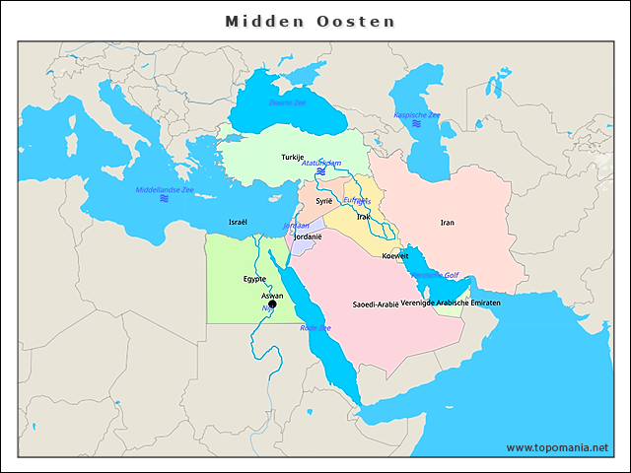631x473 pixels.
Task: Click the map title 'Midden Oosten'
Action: click(311, 21)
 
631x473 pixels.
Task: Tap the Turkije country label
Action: click(293, 157)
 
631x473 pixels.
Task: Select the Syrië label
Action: click(324, 200)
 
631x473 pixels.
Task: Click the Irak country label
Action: click(363, 216)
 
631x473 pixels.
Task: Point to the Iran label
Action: click(448, 223)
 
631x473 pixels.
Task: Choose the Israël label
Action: click(238, 222)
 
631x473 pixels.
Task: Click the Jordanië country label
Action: click(309, 237)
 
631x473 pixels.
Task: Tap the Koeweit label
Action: click(395, 256)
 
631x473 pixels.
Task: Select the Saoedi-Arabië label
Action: click(376, 304)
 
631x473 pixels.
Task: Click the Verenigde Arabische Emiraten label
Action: click(451, 303)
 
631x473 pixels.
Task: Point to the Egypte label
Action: click(255, 280)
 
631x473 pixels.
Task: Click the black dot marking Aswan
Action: click(273, 304)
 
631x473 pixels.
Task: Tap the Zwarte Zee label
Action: click(288, 102)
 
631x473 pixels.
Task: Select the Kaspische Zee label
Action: click(417, 115)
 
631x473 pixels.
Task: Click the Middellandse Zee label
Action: click(165, 188)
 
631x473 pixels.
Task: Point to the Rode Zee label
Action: click(315, 328)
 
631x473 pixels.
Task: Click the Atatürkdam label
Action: click(321, 163)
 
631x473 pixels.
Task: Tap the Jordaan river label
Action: click(296, 226)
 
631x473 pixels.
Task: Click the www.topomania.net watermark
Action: click(557, 447)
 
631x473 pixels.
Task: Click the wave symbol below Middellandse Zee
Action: click(164, 199)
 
